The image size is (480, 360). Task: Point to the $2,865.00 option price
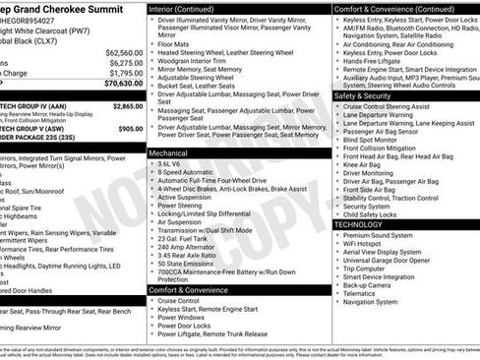tap(127, 106)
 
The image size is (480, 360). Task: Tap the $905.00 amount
tap(130, 129)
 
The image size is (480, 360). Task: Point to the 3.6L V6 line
tap(173, 162)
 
